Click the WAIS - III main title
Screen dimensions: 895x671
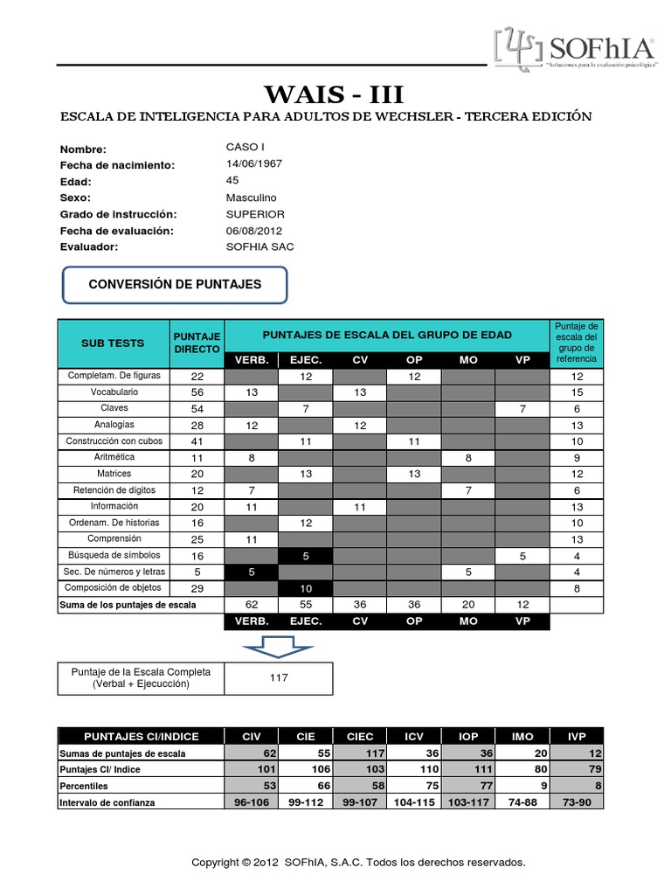[335, 94]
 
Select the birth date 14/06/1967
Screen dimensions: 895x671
[253, 164]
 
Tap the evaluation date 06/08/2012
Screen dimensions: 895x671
[253, 231]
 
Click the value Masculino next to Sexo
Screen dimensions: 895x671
[251, 198]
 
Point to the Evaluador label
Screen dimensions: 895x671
[88, 247]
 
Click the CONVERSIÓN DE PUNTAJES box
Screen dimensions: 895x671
[175, 284]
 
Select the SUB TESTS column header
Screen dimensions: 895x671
[113, 343]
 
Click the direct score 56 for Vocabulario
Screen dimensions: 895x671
[197, 392]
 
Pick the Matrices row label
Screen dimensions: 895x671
[113, 474]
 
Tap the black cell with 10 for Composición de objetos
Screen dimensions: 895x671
[306, 589]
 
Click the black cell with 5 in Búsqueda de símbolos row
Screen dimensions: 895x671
[306, 556]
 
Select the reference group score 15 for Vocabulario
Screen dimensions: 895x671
[577, 392]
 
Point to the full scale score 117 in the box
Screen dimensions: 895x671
[279, 678]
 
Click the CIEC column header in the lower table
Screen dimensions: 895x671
[360, 737]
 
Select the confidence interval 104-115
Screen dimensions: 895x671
[414, 802]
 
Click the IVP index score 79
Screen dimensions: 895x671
[577, 770]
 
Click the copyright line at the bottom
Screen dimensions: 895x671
[358, 863]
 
